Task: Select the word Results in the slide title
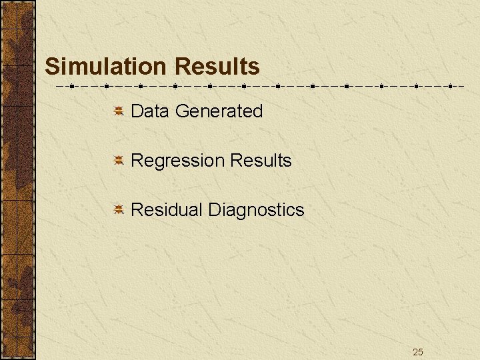(x=217, y=67)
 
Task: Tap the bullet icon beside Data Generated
(x=117, y=111)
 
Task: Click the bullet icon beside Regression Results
(x=117, y=161)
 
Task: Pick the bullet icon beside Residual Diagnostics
(x=117, y=210)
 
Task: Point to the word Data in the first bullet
(x=150, y=111)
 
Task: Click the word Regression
(x=178, y=161)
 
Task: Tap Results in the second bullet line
(x=261, y=161)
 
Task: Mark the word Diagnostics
(x=256, y=211)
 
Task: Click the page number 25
(x=418, y=352)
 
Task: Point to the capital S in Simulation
(x=52, y=67)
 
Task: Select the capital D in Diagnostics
(x=214, y=210)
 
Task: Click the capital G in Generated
(x=181, y=111)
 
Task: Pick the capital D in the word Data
(x=137, y=111)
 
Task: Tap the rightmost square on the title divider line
(x=451, y=86)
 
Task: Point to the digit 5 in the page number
(x=421, y=352)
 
